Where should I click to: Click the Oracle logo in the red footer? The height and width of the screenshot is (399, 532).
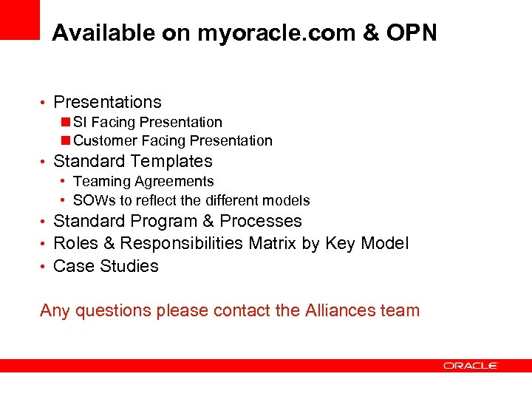pyautogui.click(x=471, y=366)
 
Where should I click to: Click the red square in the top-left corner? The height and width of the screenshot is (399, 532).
pyautogui.click(x=19, y=19)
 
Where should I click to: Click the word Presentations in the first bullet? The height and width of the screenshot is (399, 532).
pyautogui.click(x=107, y=102)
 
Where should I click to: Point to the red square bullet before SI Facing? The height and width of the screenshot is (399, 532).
pyautogui.click(x=66, y=122)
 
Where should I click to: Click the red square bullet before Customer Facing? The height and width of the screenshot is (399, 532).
pyautogui.click(x=66, y=140)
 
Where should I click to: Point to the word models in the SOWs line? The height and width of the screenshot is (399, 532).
pyautogui.click(x=289, y=200)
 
